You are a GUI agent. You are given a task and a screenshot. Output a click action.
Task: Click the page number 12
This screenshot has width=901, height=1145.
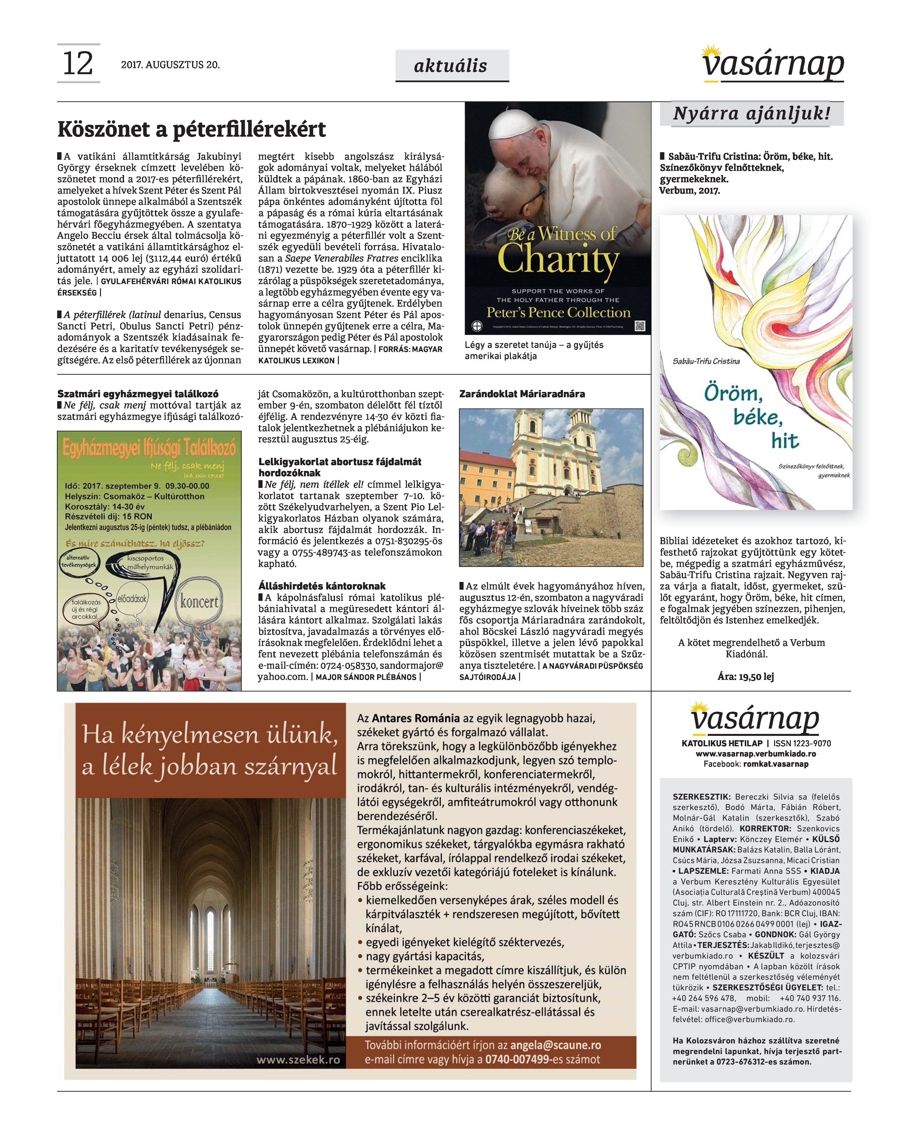tap(78, 64)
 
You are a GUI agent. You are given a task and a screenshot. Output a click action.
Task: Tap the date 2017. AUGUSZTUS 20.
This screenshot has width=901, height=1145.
tap(170, 65)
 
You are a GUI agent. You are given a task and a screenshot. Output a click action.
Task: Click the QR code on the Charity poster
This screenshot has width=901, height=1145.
tap(639, 326)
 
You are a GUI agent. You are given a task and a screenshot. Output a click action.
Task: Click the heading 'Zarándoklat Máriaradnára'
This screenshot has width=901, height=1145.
tap(522, 394)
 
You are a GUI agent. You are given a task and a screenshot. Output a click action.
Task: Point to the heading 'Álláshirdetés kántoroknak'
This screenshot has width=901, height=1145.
tap(322, 586)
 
